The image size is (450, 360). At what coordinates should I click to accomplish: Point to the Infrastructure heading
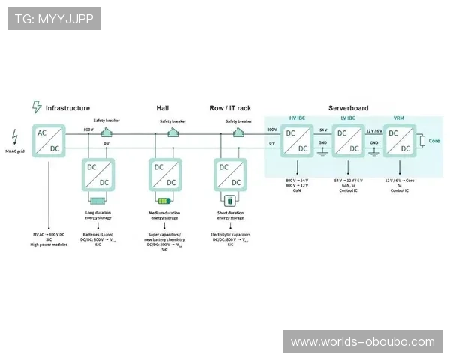tap(67, 108)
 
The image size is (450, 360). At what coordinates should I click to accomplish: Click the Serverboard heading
tap(348, 108)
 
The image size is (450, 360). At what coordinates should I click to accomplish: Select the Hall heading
tap(163, 108)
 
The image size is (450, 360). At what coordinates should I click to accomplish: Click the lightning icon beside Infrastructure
tap(36, 107)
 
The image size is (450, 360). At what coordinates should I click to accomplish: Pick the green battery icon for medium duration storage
tap(163, 200)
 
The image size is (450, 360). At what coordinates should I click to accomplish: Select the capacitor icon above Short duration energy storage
tap(230, 200)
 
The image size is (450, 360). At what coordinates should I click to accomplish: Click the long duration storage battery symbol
tap(98, 200)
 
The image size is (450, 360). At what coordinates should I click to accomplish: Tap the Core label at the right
tap(434, 141)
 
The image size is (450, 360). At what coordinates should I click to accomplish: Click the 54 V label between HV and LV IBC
tap(323, 130)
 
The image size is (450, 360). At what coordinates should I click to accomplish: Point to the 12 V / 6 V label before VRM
tap(373, 130)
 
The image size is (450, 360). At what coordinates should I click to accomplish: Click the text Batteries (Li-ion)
tap(98, 235)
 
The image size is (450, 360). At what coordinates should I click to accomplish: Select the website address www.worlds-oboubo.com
tap(362, 342)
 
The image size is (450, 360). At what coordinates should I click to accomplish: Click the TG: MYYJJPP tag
tap(54, 19)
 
